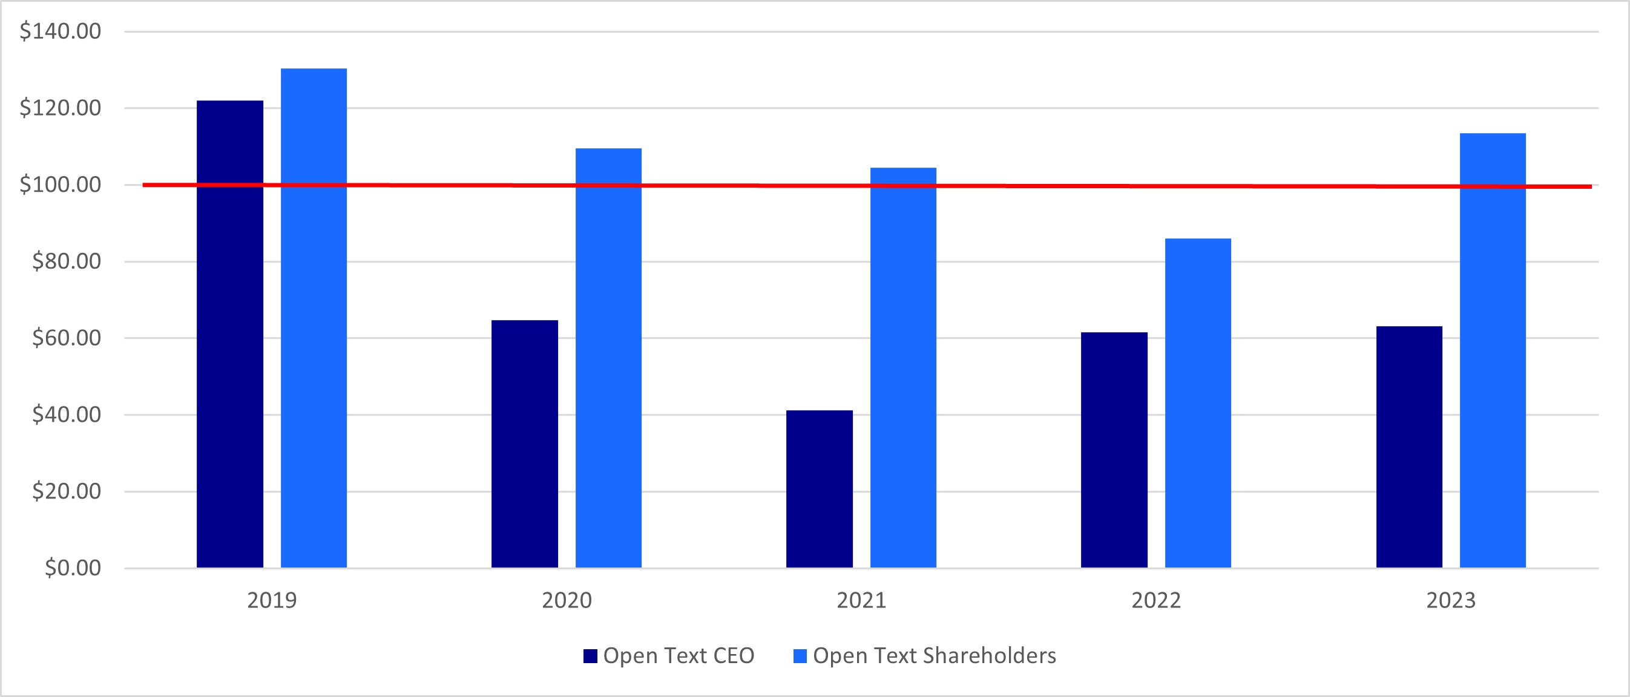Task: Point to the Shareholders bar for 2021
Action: (x=903, y=367)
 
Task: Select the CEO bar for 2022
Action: (x=1114, y=450)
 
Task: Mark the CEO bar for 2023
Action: (x=1409, y=447)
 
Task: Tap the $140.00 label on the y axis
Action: (x=60, y=31)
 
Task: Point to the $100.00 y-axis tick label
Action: (x=60, y=185)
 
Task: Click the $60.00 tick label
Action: (x=67, y=338)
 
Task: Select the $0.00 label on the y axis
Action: (x=73, y=568)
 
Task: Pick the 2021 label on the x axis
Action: (x=861, y=600)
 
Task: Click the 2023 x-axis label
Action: (x=1451, y=600)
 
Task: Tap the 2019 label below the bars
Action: (x=271, y=600)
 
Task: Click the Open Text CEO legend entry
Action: (x=669, y=656)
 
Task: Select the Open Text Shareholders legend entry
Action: (x=925, y=656)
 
